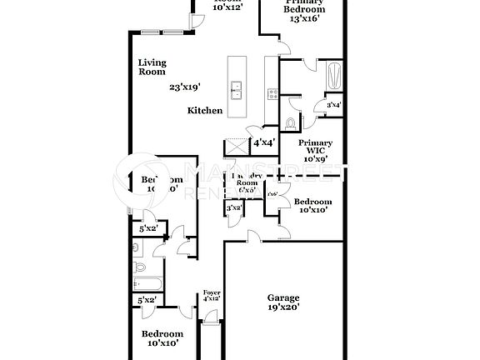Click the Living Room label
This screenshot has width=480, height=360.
coord(152,67)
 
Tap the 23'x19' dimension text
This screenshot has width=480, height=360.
coord(185,87)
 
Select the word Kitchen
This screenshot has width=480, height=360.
coord(205,111)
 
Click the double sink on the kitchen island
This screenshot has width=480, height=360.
coord(236,89)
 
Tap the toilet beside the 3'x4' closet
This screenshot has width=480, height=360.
coord(290,122)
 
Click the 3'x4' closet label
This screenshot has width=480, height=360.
coord(333,105)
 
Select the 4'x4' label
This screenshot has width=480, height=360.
coord(265,142)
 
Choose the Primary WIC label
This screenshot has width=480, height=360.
coord(315,147)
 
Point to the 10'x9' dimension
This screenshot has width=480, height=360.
coord(315,158)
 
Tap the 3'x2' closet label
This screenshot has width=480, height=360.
coord(235,207)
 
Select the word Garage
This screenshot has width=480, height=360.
coord(283,297)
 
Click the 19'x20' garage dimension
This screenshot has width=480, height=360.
coord(283,307)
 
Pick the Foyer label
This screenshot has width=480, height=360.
coord(212,292)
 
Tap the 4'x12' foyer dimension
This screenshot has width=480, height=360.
coord(212,298)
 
